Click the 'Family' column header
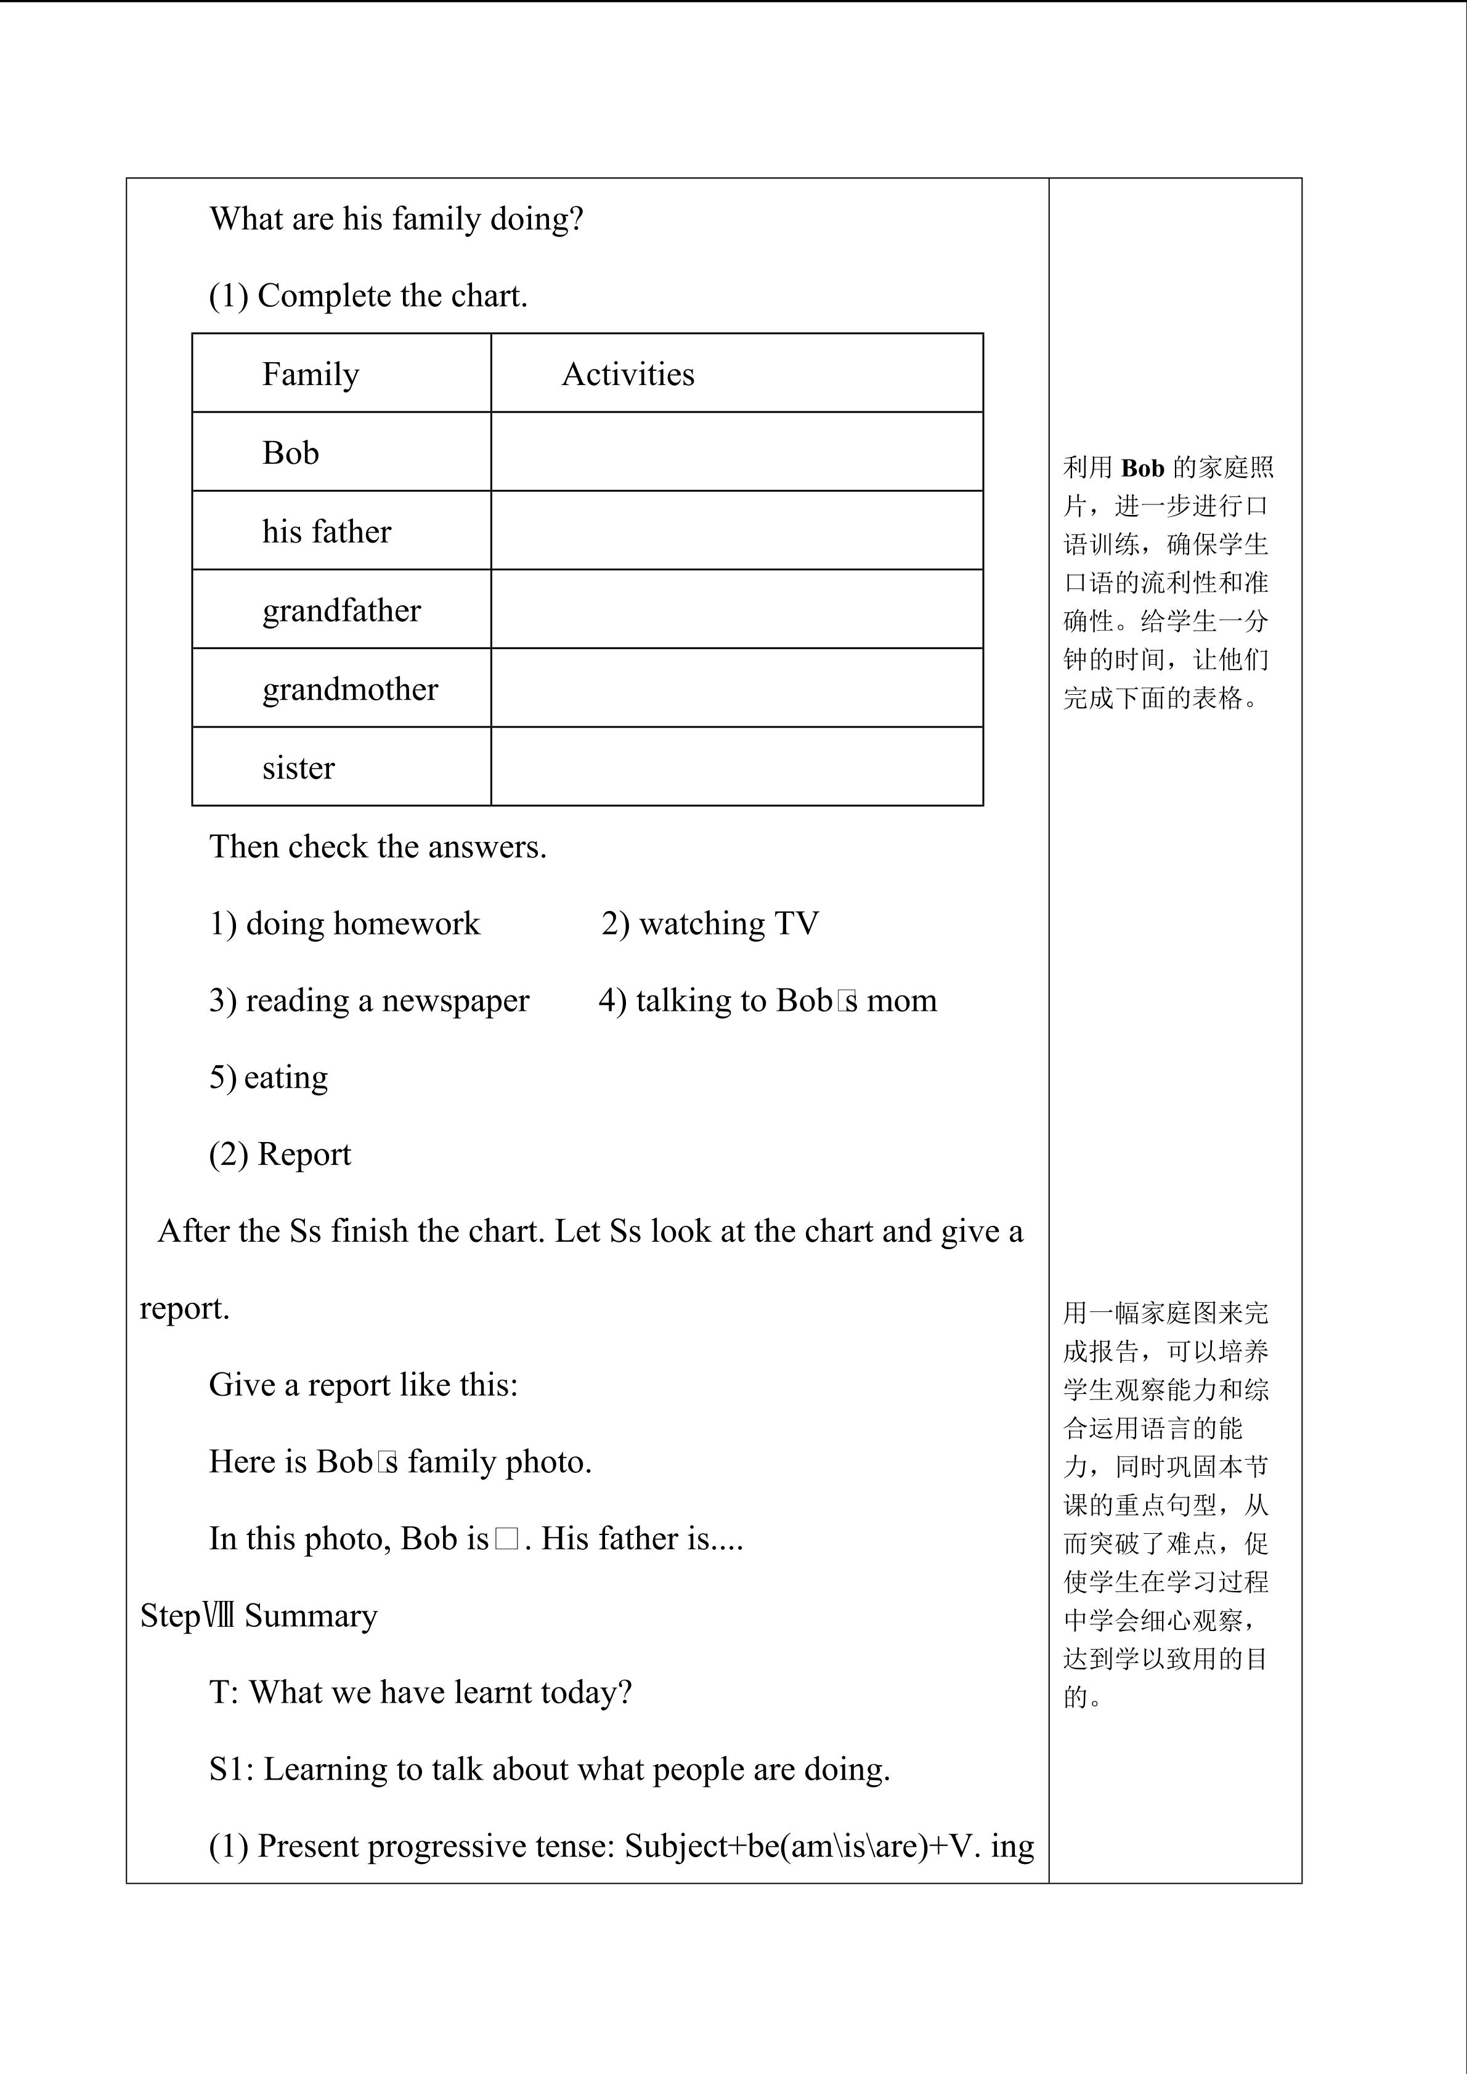point(311,374)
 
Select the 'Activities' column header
point(628,374)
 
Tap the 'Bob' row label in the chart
point(290,453)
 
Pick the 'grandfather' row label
point(341,610)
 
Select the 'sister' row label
point(298,768)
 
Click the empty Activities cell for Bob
point(736,452)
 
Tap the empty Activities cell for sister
point(736,766)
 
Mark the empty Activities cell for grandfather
point(736,609)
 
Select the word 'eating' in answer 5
point(285,1077)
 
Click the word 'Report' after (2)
point(304,1154)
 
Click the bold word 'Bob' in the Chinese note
point(1143,468)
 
